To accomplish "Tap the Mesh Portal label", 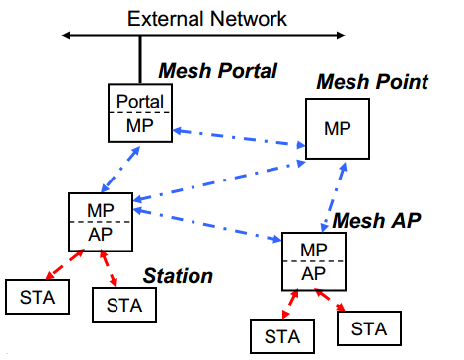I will point(218,71).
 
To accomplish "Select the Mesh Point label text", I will point(371,81).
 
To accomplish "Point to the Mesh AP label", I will point(377,219).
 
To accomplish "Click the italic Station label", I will point(179,276).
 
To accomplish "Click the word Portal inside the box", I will point(140,101).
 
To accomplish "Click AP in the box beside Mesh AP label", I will point(313,272).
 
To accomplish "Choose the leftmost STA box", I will point(36,296).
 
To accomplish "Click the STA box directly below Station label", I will point(123,305).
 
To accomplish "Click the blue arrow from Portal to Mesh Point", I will point(238,137).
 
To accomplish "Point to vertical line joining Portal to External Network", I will point(140,60).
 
